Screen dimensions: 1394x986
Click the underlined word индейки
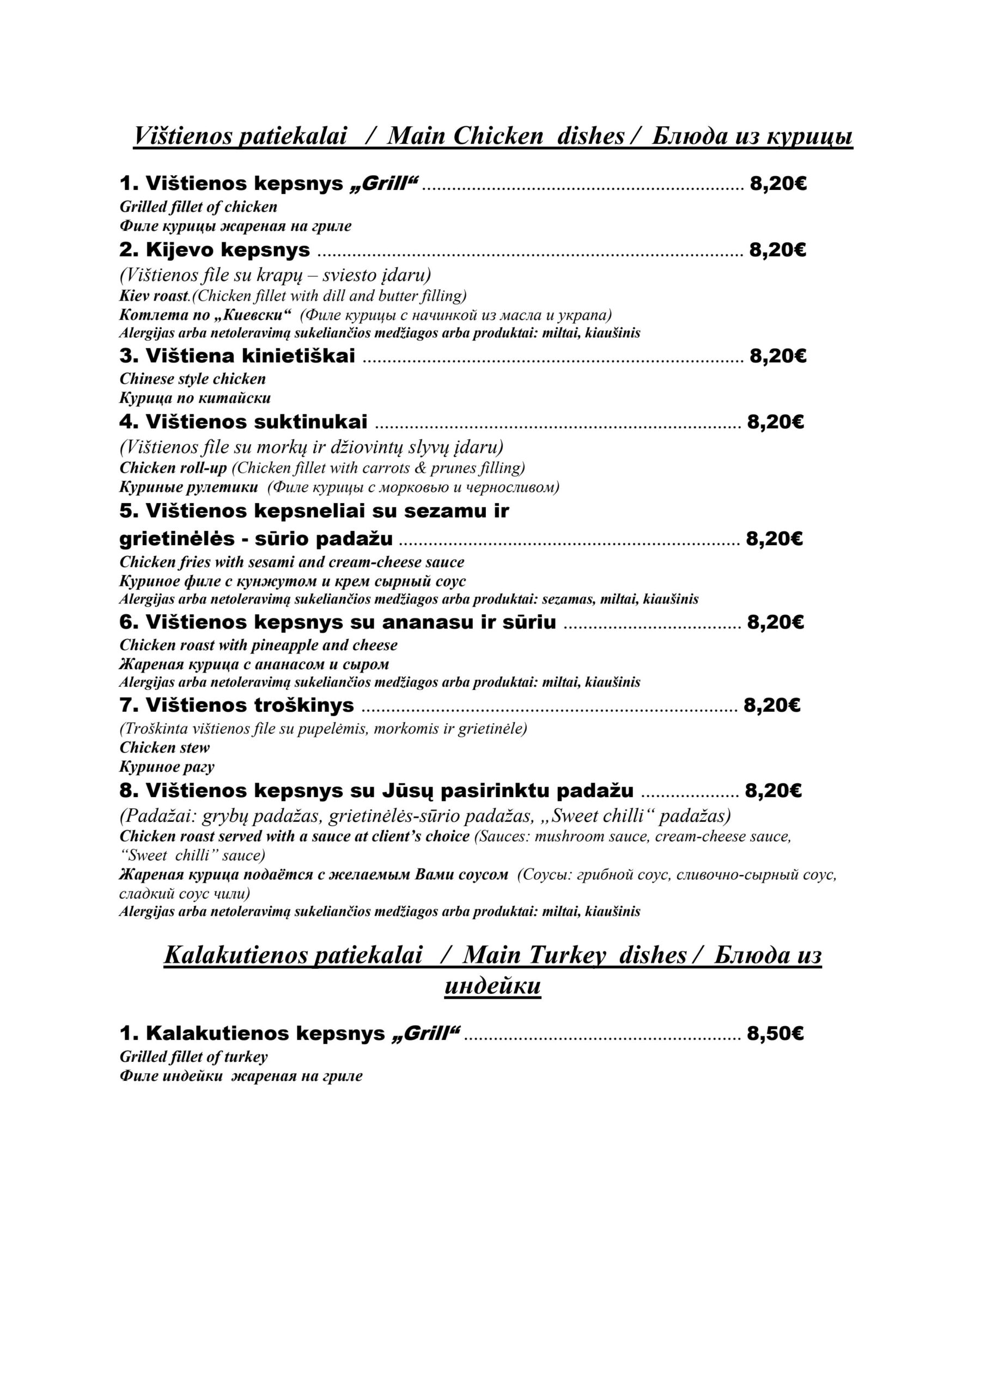492,986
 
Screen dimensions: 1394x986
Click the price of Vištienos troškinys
771,706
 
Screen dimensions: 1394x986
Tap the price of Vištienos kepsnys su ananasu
775,622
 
